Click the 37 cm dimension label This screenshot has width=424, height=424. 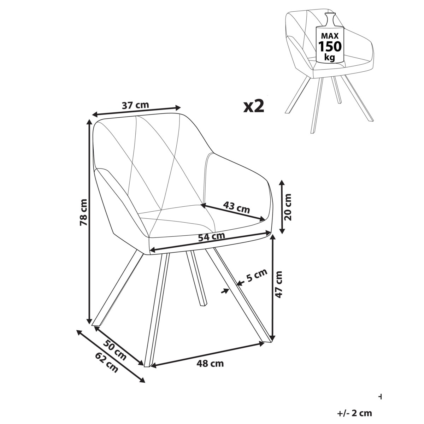pyautogui.click(x=135, y=105)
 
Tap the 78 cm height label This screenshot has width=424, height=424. pyautogui.click(x=84, y=212)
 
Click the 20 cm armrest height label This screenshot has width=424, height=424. pyautogui.click(x=287, y=207)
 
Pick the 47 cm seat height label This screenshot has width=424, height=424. pyautogui.click(x=278, y=284)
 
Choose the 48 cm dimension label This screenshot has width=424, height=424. pyautogui.click(x=210, y=364)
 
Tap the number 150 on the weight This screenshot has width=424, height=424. pyautogui.click(x=330, y=46)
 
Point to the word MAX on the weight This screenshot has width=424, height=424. pyautogui.click(x=330, y=36)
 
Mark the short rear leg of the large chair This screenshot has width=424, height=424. pyautogui.click(x=196, y=278)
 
